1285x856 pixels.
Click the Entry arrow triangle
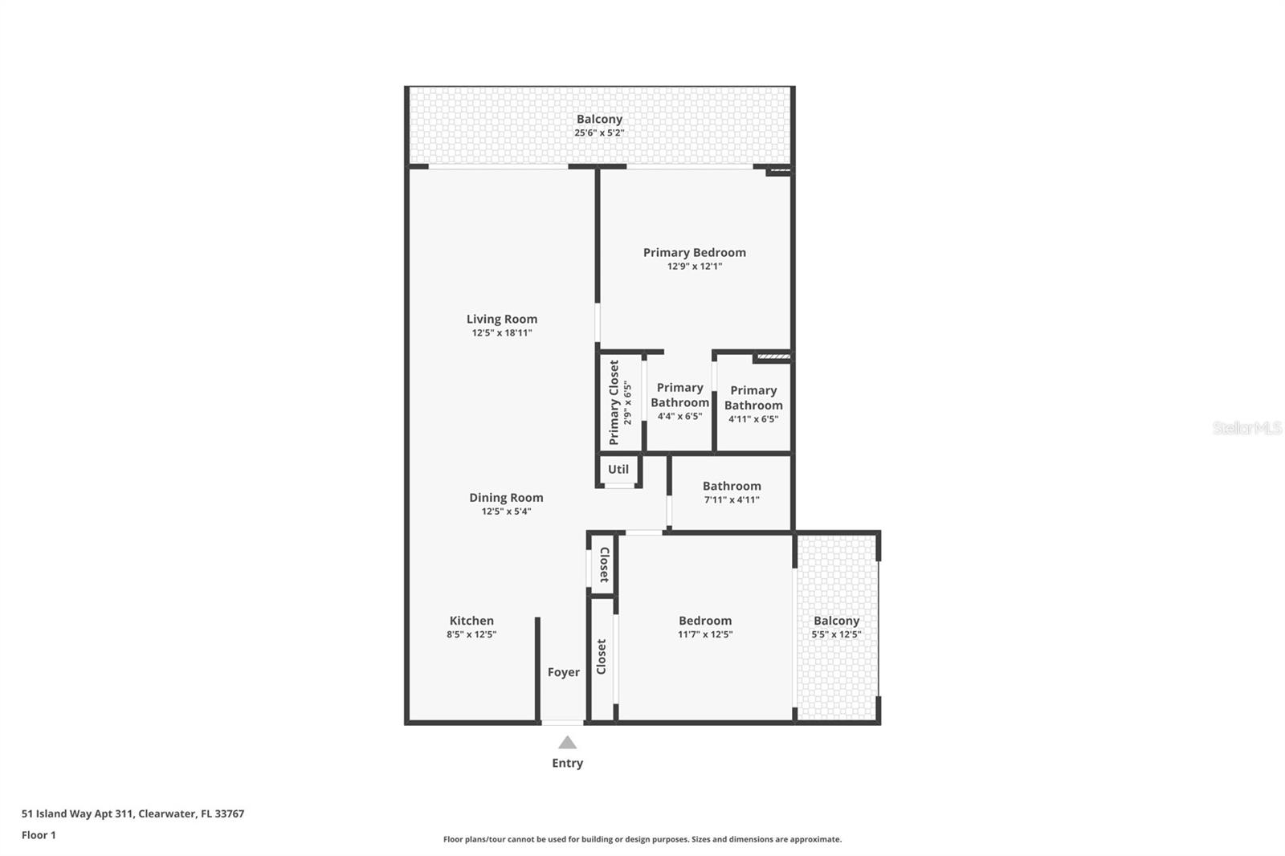click(567, 743)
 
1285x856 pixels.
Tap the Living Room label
click(502, 319)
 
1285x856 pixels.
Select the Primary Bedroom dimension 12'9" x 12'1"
click(695, 266)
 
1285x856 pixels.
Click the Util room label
click(618, 469)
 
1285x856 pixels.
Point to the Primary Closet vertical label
click(614, 402)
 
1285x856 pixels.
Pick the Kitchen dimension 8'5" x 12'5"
click(471, 634)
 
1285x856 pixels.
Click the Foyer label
click(564, 672)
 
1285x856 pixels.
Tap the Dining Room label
click(506, 498)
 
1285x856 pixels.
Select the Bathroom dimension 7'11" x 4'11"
click(732, 499)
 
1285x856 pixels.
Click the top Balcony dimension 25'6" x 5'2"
click(599, 132)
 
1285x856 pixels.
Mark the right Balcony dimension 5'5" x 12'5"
click(836, 634)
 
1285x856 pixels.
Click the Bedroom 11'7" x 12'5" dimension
click(705, 634)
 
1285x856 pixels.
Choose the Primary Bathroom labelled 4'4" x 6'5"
click(679, 395)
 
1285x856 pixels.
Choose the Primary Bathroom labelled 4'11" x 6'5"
click(753, 397)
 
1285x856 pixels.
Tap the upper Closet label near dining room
click(604, 565)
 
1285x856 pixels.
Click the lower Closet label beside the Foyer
click(602, 657)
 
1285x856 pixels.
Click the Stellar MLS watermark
click(1247, 429)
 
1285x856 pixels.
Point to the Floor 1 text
click(39, 835)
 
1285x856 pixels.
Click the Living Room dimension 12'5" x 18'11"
click(502, 332)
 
